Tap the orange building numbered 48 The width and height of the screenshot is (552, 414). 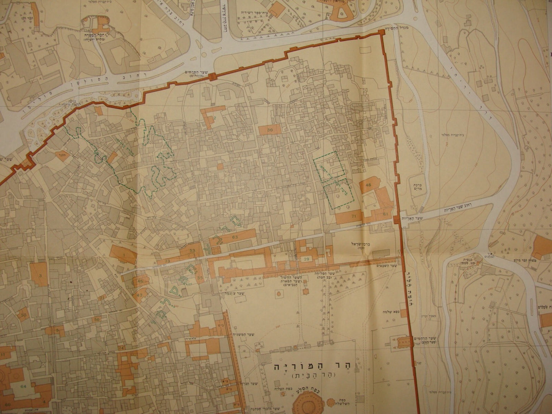368,185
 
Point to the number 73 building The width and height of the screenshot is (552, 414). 168,261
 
